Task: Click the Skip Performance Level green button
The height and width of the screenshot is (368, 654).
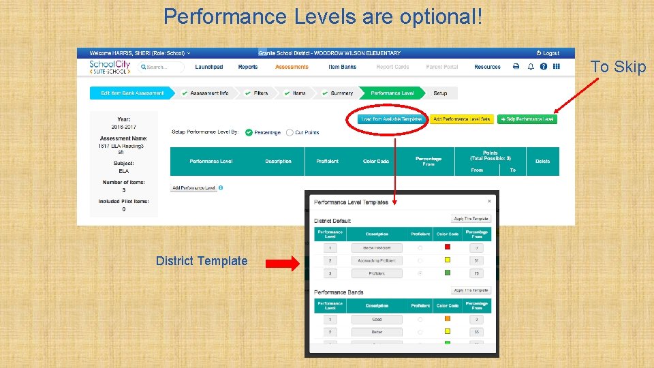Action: (527, 119)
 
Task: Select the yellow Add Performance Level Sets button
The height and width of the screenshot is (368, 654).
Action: (462, 119)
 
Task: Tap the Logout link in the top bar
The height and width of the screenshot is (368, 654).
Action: (548, 53)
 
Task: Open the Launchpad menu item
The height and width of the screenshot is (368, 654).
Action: (209, 67)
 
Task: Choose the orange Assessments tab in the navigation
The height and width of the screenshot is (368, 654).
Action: (292, 67)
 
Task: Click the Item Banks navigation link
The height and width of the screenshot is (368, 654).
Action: (342, 67)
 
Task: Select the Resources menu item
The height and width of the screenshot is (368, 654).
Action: (487, 67)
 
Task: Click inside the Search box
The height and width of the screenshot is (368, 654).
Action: (162, 67)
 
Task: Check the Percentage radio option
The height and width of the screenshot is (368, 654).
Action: (249, 133)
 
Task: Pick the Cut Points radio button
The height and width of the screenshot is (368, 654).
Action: (290, 133)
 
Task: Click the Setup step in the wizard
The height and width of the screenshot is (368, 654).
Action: (441, 93)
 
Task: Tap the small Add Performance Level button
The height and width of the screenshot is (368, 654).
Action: (194, 188)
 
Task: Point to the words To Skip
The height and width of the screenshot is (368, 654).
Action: (618, 67)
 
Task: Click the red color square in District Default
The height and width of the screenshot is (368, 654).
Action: (448, 247)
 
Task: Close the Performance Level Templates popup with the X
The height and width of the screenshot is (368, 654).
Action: (489, 201)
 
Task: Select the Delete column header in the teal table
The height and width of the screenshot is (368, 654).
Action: (542, 162)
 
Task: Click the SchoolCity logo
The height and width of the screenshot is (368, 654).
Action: (108, 67)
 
